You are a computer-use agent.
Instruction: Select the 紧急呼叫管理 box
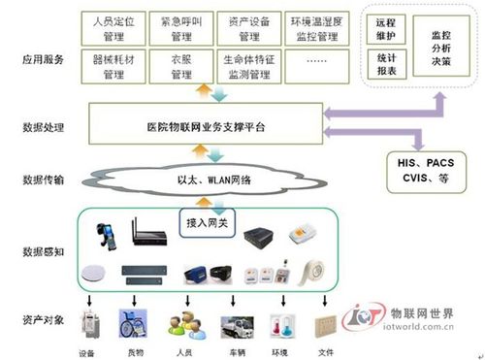pos(181,28)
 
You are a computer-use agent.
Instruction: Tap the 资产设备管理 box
pos(247,28)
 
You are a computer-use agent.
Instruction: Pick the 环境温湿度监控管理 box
pos(314,28)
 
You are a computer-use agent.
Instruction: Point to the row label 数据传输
pos(44,180)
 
